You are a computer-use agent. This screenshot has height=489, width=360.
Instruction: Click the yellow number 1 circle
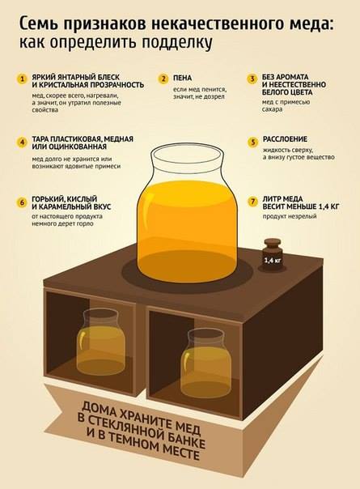[x=22, y=79]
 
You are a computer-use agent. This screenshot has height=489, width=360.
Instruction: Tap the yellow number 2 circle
[x=163, y=79]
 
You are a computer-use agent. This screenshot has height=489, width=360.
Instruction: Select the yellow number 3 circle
[x=252, y=79]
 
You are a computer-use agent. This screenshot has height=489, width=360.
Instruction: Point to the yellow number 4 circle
[x=22, y=142]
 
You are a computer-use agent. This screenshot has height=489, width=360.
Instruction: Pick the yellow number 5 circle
[x=252, y=142]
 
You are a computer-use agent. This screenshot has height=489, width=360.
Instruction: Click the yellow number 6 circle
[x=22, y=202]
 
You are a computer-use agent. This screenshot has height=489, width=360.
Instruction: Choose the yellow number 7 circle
[x=252, y=202]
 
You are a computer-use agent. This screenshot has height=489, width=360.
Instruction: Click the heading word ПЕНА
[x=182, y=78]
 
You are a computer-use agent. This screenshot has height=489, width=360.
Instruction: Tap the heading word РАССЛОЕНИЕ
[x=285, y=139]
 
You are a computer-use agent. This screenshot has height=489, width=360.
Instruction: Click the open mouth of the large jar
[x=187, y=154]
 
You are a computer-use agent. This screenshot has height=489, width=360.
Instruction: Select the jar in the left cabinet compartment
[x=100, y=342]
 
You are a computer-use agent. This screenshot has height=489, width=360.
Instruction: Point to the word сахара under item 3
[x=272, y=109]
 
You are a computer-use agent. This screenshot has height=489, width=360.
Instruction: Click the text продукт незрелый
[x=290, y=216]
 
